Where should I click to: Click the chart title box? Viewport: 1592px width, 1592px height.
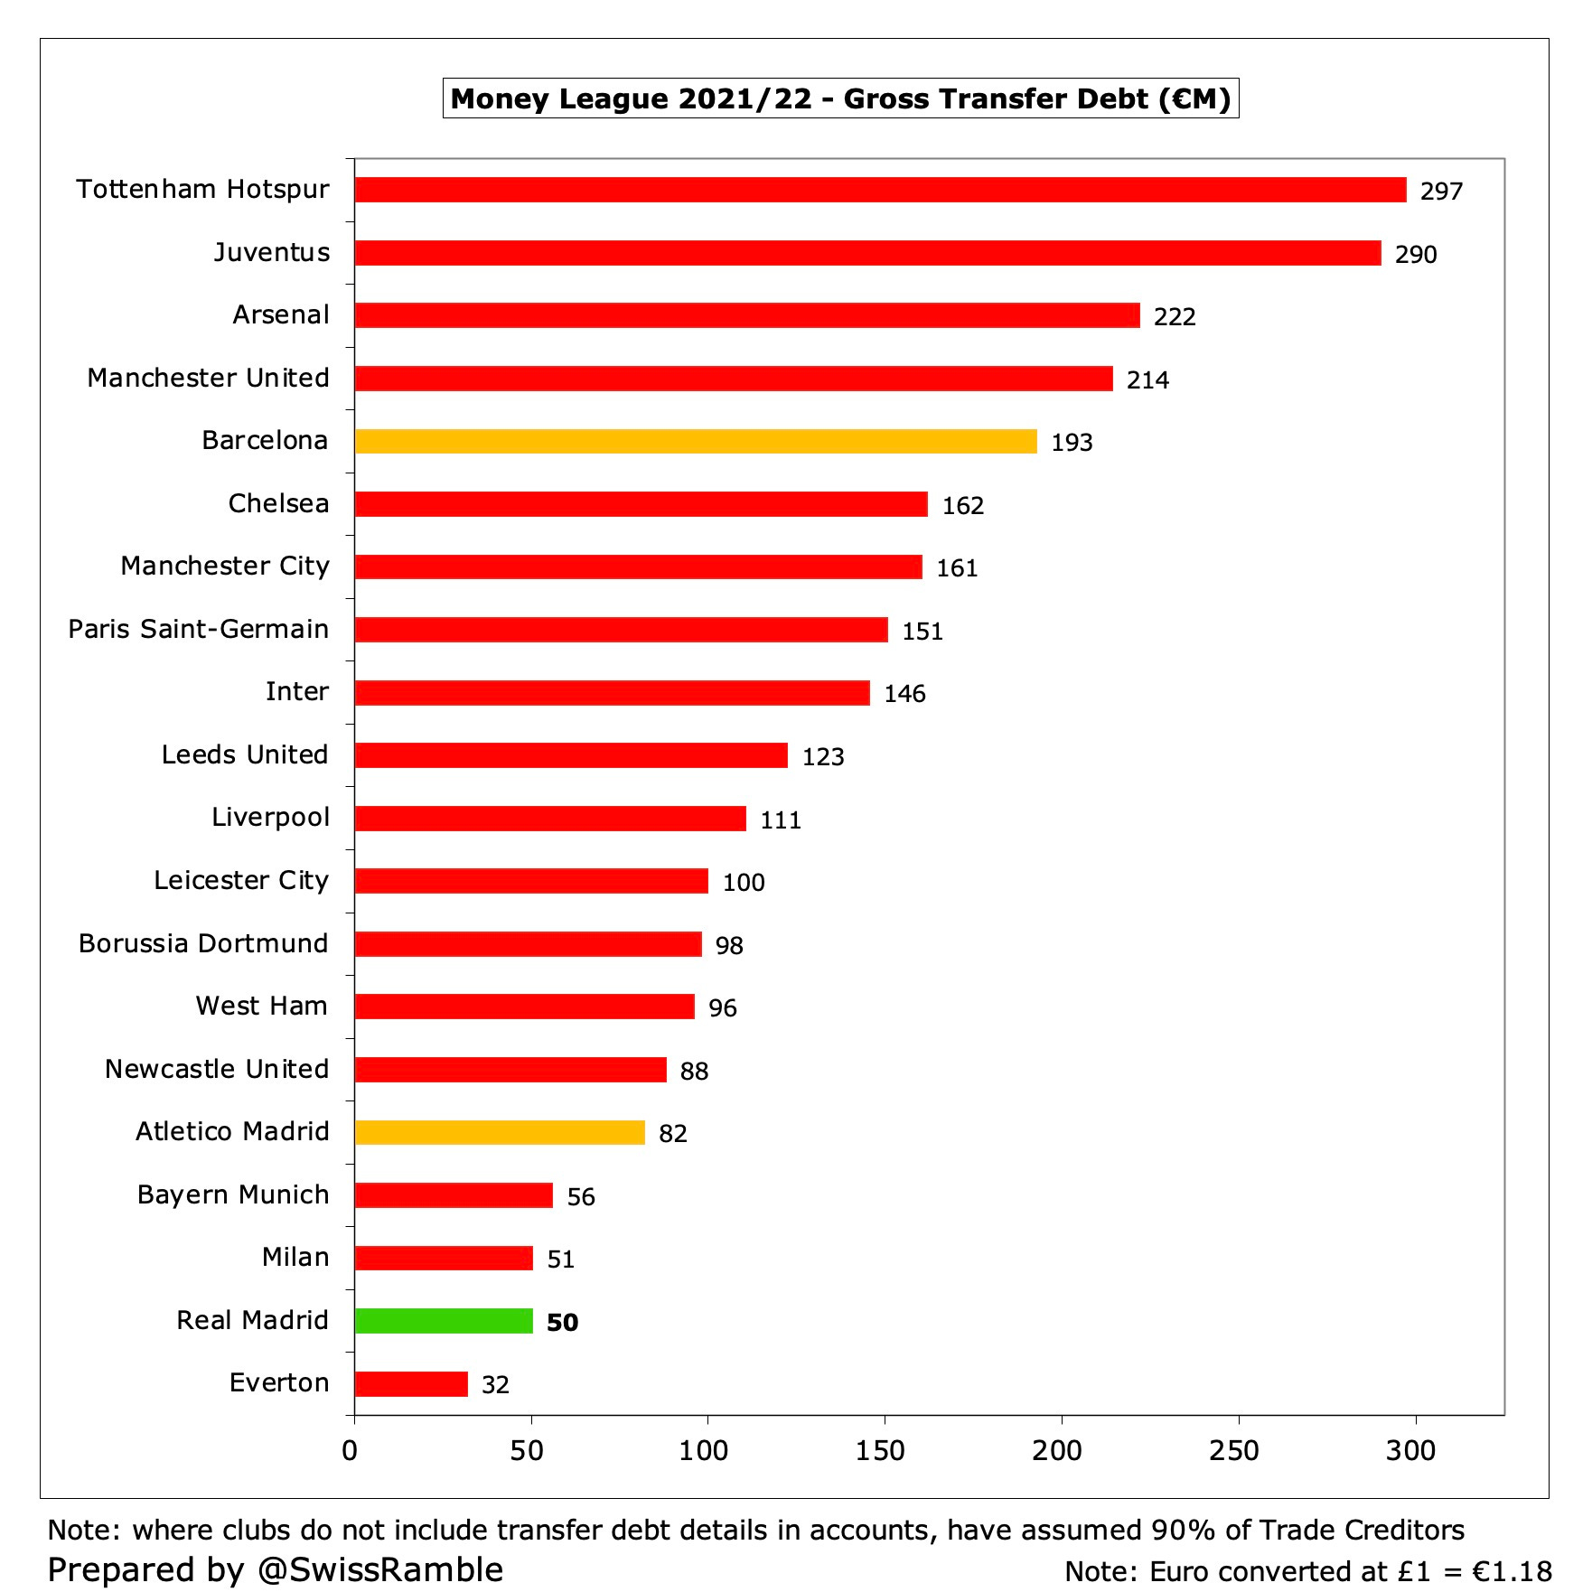click(840, 98)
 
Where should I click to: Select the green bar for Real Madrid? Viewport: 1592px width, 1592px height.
click(444, 1321)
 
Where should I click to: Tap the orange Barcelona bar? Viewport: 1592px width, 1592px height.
click(696, 441)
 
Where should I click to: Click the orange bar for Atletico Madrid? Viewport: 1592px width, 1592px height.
click(500, 1132)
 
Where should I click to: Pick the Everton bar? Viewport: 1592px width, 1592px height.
click(411, 1383)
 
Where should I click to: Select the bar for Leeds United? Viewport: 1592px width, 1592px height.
click(571, 755)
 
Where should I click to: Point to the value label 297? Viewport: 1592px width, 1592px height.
click(1440, 192)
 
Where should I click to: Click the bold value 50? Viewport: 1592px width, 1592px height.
click(562, 1323)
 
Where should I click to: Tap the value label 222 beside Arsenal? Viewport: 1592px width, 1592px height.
click(1174, 317)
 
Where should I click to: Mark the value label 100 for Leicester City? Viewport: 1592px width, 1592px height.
click(743, 883)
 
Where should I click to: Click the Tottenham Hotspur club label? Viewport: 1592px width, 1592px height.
click(202, 189)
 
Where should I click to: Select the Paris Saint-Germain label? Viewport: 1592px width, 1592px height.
click(199, 629)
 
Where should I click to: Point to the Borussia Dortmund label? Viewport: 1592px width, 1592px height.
click(203, 943)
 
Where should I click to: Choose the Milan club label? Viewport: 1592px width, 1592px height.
click(295, 1257)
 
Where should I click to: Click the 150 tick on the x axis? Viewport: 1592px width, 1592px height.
click(879, 1451)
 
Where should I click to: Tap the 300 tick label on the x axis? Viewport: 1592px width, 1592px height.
click(1409, 1451)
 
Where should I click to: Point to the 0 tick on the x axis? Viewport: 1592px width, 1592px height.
click(351, 1451)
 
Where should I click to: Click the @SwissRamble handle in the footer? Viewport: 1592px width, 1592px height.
click(379, 1569)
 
